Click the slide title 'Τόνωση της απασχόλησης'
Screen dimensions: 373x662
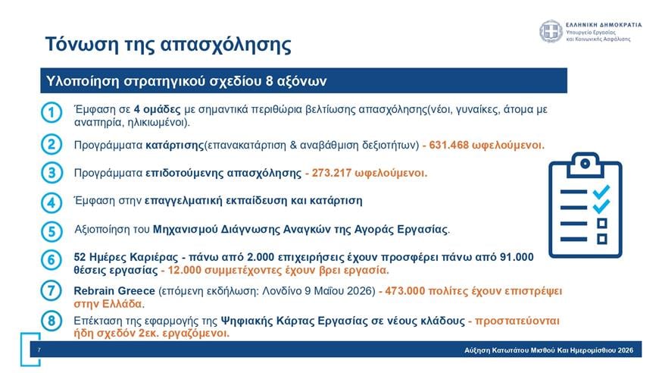(167, 43)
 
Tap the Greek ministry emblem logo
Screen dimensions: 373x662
(551, 32)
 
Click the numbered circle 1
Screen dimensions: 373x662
(51, 113)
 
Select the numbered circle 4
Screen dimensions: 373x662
(51, 202)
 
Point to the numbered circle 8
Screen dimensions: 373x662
(51, 321)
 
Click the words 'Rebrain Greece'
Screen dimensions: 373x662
(113, 290)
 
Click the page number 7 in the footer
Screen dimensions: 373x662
(39, 350)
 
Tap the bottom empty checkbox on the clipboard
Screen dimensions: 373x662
(602, 239)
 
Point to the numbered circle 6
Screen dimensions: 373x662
(51, 261)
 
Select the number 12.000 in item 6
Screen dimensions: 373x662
(186, 269)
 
